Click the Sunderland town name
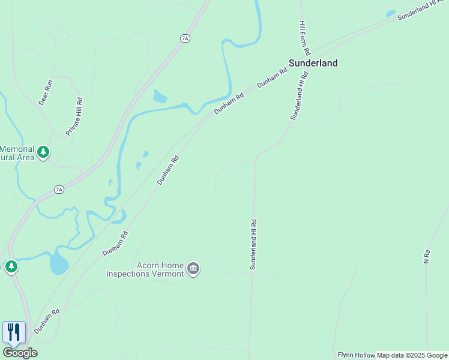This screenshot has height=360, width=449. point(313,63)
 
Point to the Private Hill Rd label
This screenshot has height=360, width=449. point(74,116)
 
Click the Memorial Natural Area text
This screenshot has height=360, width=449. point(17,154)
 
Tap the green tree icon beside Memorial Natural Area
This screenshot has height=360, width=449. point(43,152)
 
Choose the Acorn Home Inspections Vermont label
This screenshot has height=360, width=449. point(145,270)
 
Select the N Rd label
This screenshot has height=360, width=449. point(427,257)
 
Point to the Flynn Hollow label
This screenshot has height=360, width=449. point(357,355)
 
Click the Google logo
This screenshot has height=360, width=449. point(20,353)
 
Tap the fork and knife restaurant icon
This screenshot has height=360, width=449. point(14,332)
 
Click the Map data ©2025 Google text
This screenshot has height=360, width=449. point(412,355)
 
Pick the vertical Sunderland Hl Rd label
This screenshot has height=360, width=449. point(253,244)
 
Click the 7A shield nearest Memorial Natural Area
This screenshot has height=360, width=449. point(59,190)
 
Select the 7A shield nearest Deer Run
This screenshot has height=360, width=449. point(185,38)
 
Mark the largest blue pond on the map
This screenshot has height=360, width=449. point(59,263)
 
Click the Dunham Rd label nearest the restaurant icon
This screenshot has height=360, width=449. point(47,321)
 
